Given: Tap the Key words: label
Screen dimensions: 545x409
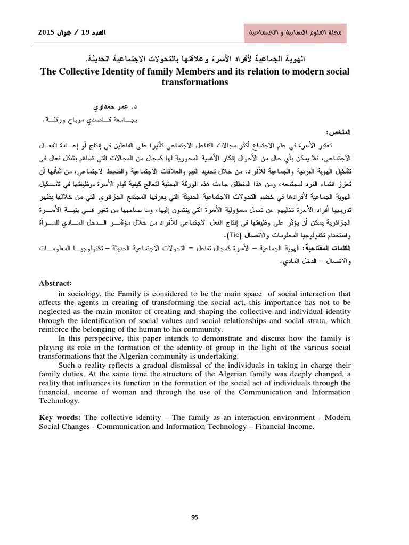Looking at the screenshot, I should [x=61, y=417].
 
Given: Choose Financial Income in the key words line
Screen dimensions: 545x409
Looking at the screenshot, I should [x=283, y=427].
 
